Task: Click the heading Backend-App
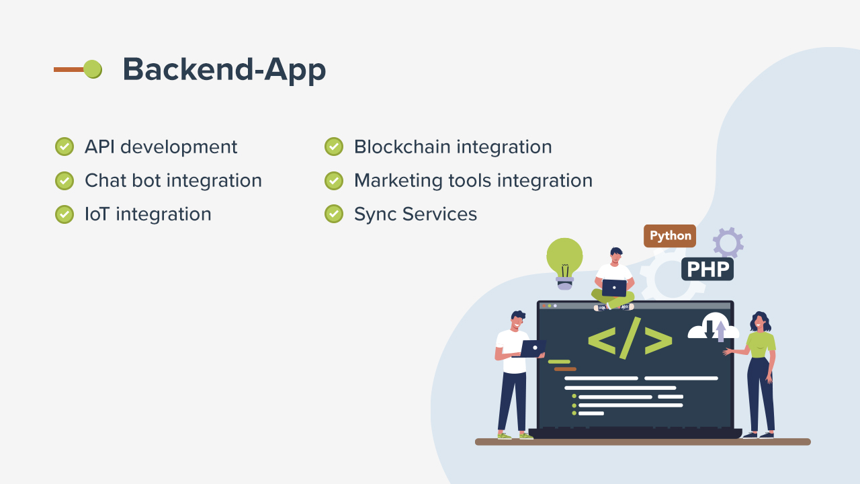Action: click(x=224, y=69)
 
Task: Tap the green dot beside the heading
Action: click(x=93, y=69)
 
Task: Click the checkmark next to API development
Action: click(x=64, y=147)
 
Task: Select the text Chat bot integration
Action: click(x=173, y=181)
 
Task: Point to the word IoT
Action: click(x=97, y=214)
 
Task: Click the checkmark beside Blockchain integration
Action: click(x=334, y=147)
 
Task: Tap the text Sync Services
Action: click(x=415, y=214)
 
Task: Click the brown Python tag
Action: click(x=670, y=236)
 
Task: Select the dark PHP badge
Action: click(x=707, y=270)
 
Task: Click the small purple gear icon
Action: click(x=728, y=242)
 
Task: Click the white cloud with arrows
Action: click(x=714, y=327)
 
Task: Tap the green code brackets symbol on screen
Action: click(x=630, y=338)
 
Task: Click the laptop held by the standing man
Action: click(x=533, y=348)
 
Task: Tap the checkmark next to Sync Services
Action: click(x=334, y=214)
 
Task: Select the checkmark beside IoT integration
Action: click(x=64, y=214)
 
